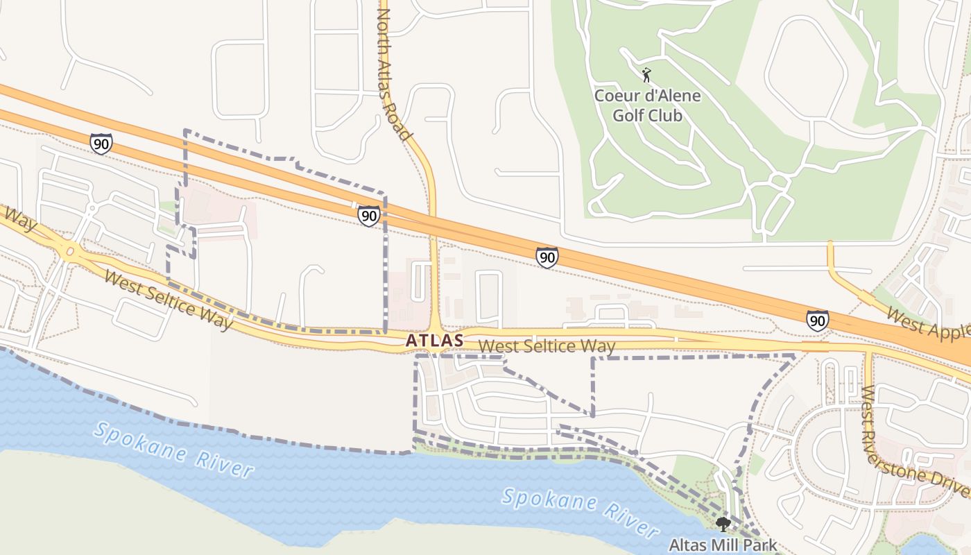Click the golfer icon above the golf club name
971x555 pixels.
point(646,74)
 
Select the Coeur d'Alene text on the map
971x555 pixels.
point(648,96)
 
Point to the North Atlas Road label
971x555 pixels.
point(395,73)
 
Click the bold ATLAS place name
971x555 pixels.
point(434,341)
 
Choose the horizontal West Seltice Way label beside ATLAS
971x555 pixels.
point(547,345)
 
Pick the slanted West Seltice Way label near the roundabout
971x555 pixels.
point(169,300)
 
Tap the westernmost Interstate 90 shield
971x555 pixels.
point(101,144)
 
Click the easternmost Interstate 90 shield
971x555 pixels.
point(817,320)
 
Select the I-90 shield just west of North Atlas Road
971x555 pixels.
point(369,216)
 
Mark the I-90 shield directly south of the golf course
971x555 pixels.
point(547,257)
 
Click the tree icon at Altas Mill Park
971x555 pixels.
point(723,524)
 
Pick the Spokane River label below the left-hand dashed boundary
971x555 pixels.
point(173,450)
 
